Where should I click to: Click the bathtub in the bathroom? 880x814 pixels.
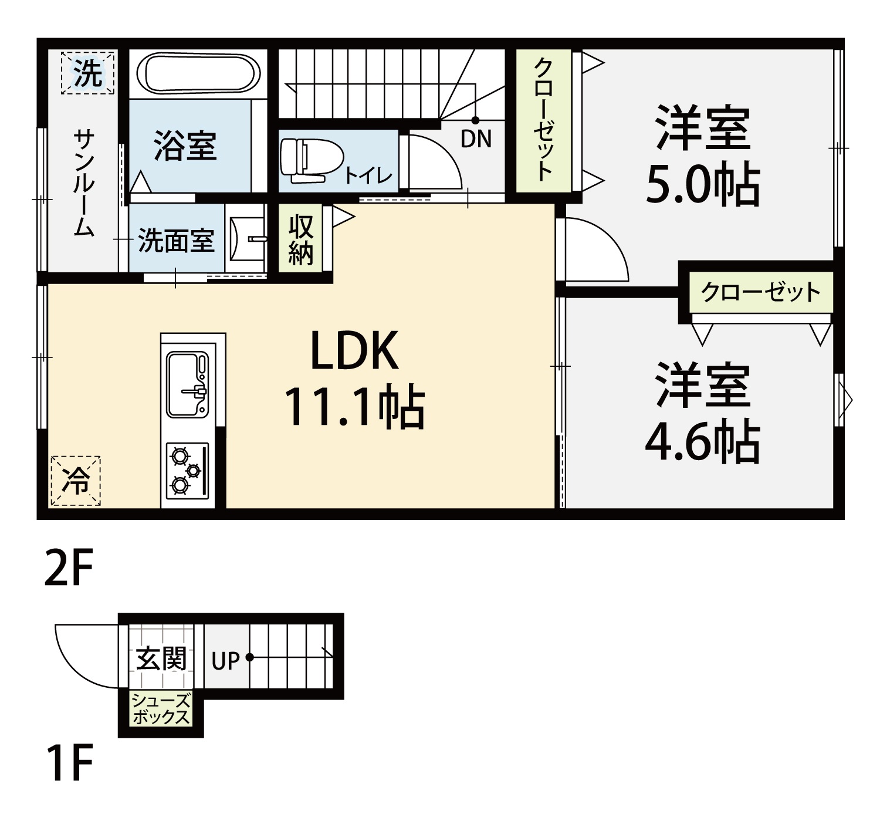[198, 73]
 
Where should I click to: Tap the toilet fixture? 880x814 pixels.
[312, 160]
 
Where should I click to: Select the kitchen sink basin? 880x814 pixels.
[187, 384]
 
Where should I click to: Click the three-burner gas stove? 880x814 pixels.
[187, 471]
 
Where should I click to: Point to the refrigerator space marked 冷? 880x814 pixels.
[75, 481]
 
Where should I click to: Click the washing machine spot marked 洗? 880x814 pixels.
[88, 73]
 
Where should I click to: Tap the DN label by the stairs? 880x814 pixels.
[476, 139]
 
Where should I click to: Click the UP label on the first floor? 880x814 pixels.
[225, 661]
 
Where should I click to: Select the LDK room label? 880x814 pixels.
[354, 351]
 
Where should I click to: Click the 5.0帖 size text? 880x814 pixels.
[703, 185]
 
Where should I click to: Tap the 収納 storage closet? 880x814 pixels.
[301, 239]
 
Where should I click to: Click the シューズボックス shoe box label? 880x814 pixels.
[161, 710]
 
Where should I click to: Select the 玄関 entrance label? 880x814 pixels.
[161, 658]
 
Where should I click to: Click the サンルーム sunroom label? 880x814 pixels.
[84, 183]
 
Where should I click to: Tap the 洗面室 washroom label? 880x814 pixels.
[177, 241]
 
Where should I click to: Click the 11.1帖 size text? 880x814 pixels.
[354, 407]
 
